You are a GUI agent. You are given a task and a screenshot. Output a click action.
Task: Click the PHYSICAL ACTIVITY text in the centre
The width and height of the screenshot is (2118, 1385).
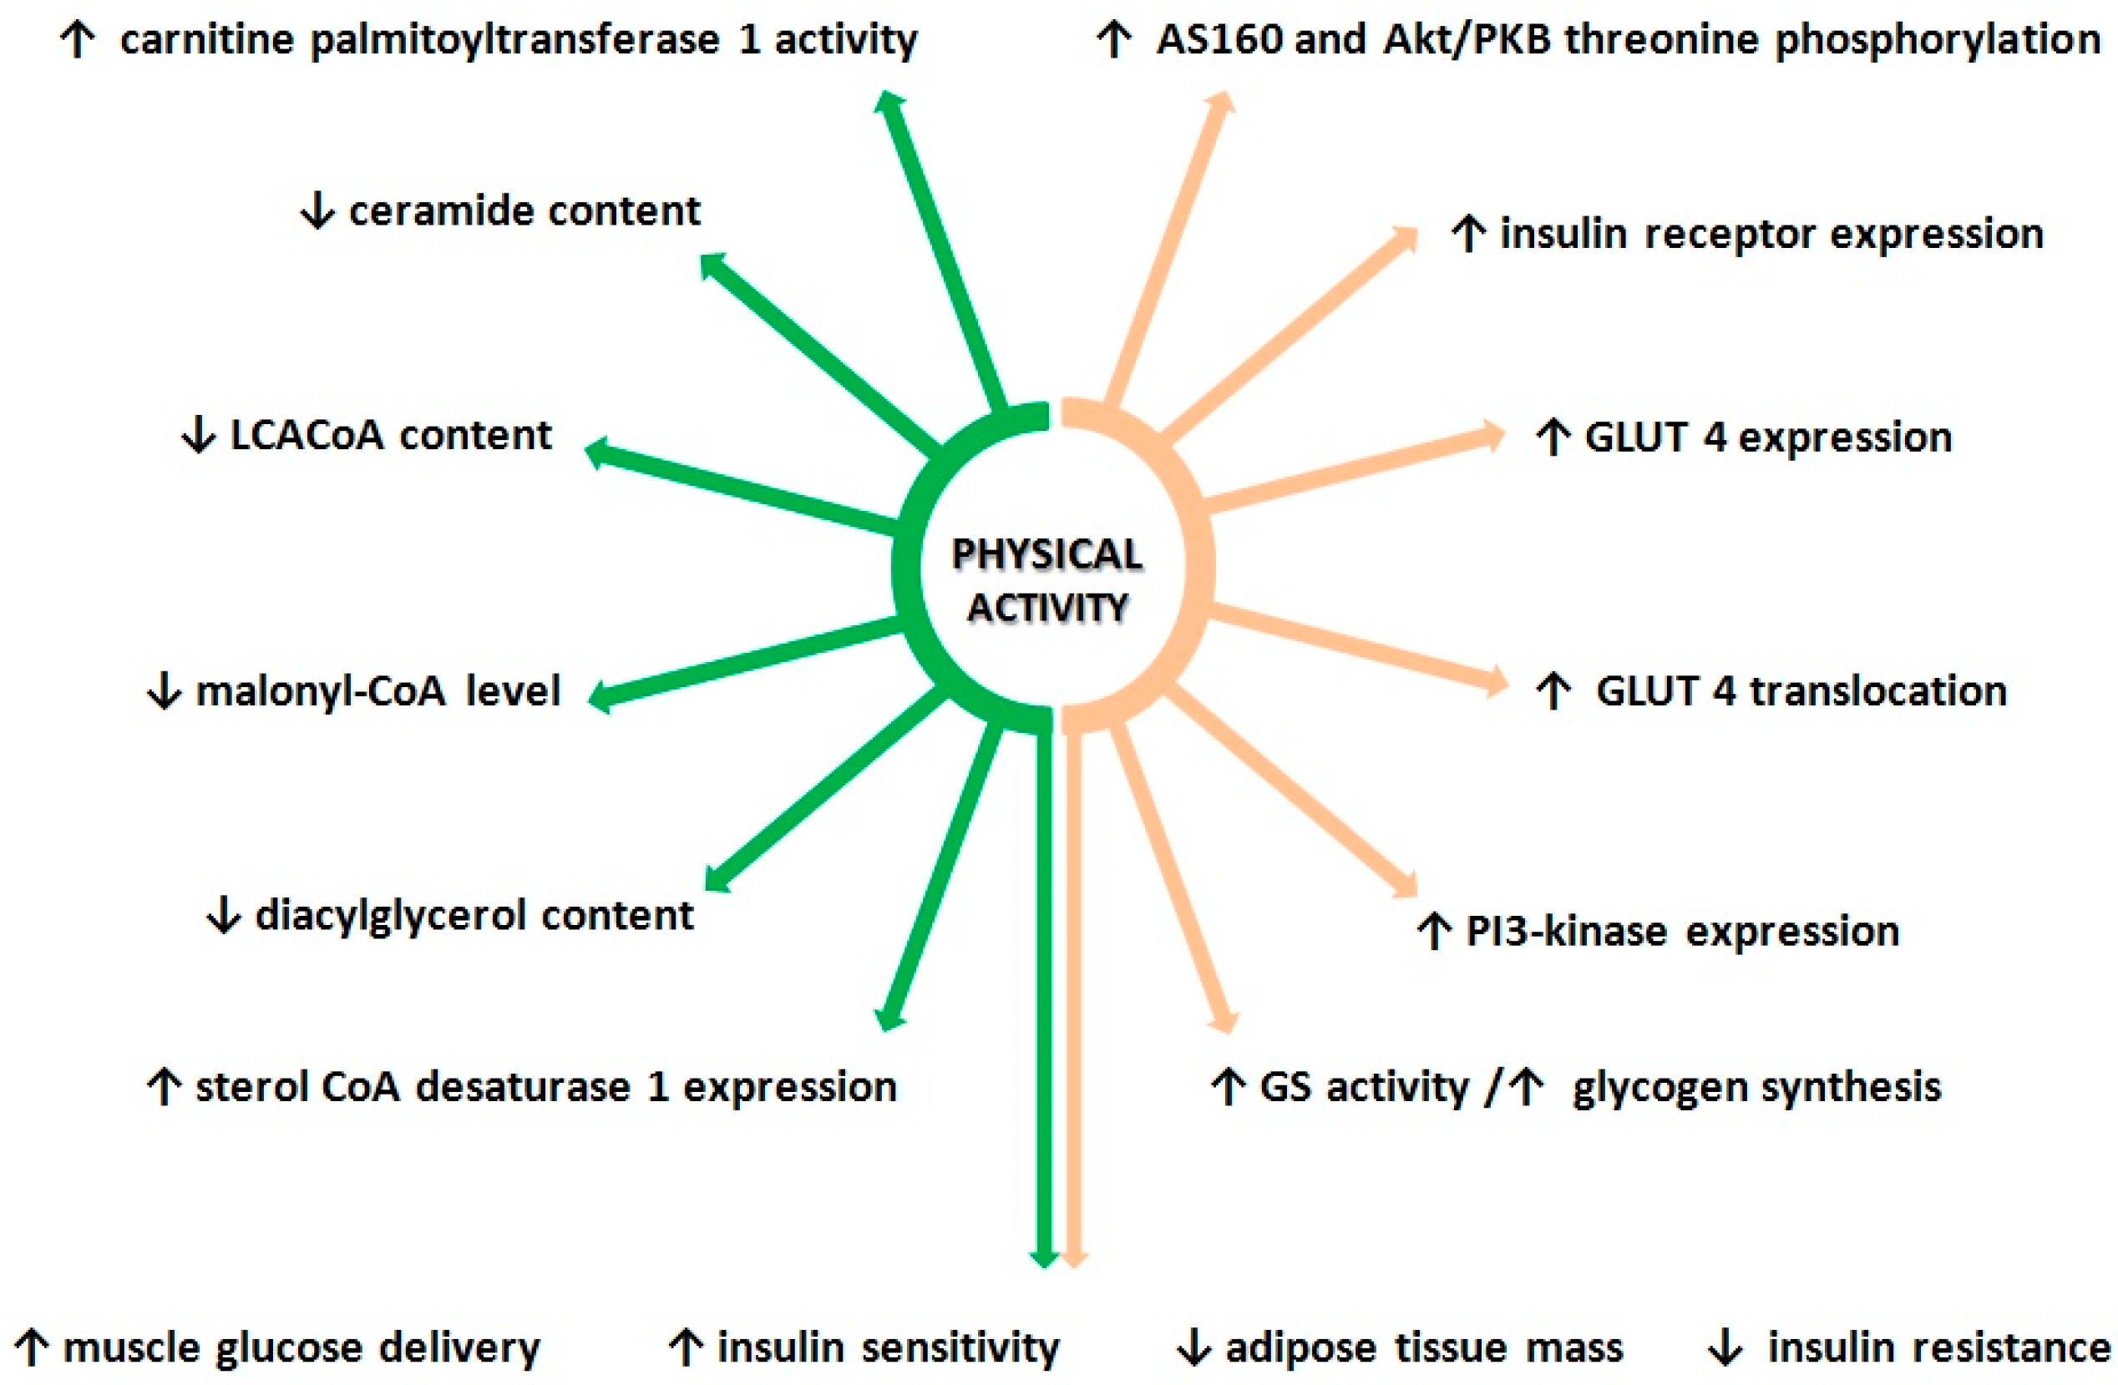(1047, 581)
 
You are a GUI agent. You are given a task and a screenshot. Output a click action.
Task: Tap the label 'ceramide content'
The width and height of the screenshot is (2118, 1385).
(524, 212)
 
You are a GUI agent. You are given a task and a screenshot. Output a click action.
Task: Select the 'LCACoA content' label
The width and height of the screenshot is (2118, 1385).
(391, 436)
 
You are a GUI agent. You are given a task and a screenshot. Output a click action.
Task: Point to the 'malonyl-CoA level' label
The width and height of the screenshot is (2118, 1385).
(377, 691)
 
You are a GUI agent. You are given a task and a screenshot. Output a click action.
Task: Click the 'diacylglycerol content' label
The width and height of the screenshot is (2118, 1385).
(474, 915)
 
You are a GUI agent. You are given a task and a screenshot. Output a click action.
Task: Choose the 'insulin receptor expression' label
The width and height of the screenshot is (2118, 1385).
(1771, 235)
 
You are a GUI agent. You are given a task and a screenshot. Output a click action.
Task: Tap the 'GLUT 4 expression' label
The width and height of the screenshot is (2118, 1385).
(1767, 437)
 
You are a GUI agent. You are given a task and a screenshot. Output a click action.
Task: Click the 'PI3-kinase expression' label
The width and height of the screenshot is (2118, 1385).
(1682, 932)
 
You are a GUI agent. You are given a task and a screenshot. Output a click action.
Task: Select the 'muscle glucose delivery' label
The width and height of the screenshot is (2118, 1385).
(301, 1347)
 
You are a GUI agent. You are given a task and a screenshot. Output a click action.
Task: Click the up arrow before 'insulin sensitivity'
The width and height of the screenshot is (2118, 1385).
(685, 1347)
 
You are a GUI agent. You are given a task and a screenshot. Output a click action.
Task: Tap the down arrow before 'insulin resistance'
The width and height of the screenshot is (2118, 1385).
(1725, 1347)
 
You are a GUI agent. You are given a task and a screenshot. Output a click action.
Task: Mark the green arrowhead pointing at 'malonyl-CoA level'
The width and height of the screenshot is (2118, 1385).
(600, 696)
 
